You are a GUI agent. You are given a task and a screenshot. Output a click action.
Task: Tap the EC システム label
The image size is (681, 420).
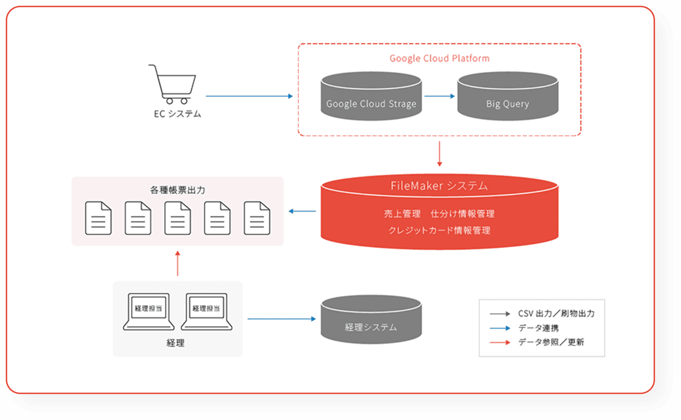[x=177, y=114]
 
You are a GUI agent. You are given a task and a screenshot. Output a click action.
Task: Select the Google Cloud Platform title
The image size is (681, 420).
[x=439, y=58]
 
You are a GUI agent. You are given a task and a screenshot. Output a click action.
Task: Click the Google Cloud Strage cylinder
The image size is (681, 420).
[x=371, y=97]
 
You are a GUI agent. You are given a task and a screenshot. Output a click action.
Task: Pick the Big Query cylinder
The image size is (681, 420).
[x=508, y=97]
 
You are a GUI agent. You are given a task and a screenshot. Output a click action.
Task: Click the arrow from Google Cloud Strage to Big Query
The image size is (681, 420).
[x=439, y=96]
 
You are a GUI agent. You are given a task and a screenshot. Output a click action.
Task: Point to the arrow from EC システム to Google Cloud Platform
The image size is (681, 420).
[x=249, y=96]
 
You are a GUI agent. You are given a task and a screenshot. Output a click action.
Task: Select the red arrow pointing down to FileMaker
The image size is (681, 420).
[x=439, y=154]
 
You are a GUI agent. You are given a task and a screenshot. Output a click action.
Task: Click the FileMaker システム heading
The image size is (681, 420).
[x=439, y=186]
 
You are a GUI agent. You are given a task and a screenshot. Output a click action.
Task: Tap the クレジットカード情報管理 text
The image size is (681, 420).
[x=439, y=231]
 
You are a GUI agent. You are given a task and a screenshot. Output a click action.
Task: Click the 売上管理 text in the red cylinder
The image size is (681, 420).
[x=402, y=214]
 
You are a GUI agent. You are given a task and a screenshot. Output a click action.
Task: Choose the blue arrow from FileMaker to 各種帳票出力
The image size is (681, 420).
[x=302, y=211]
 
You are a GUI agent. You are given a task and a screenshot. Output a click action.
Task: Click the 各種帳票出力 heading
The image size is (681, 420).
[x=177, y=190]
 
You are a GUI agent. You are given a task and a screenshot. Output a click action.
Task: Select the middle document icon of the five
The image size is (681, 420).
[x=177, y=218]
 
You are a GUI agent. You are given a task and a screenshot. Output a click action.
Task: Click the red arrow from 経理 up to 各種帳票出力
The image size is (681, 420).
[x=177, y=264]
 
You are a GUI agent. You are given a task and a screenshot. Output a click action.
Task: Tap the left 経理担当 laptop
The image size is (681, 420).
[x=149, y=312]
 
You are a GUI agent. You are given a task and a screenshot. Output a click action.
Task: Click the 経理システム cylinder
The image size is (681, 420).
[x=371, y=320]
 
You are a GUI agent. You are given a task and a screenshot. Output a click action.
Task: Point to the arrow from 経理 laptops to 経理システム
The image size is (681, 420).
[x=281, y=319]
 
